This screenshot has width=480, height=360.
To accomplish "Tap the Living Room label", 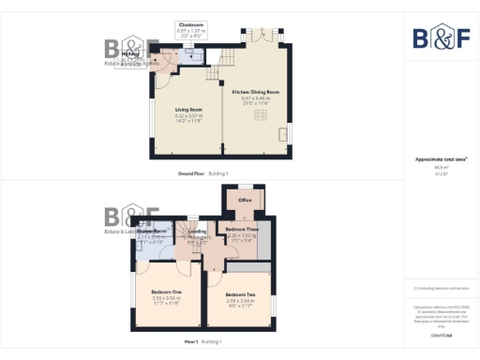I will click(188, 110).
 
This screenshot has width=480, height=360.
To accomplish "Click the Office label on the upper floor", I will click(245, 200).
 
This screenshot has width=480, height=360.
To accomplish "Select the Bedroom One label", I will click(164, 291).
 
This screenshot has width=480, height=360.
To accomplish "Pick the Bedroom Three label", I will click(235, 229).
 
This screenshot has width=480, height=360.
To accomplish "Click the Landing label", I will click(197, 232).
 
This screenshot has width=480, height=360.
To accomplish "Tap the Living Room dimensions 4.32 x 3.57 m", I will click(188, 116).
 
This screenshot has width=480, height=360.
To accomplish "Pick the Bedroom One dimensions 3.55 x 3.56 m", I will click(164, 297).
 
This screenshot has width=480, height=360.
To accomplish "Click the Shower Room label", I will click(152, 231).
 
